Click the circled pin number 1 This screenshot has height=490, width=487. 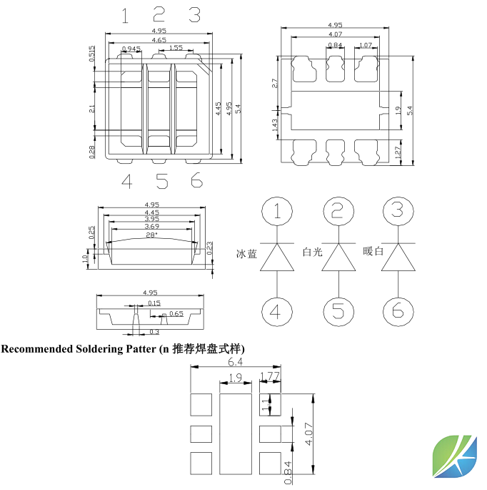click(277, 212)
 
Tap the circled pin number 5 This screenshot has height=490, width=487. click(338, 311)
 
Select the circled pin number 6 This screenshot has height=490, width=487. click(397, 311)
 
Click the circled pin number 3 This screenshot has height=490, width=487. click(397, 212)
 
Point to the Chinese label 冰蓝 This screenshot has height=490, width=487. click(247, 254)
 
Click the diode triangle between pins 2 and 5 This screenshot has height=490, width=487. click(338, 258)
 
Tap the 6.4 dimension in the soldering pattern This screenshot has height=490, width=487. click(254, 363)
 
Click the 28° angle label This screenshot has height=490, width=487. click(151, 235)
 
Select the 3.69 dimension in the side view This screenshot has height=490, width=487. click(151, 227)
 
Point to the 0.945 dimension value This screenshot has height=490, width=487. click(131, 49)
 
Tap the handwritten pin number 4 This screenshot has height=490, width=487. click(127, 182)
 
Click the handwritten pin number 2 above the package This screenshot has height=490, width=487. click(159, 15)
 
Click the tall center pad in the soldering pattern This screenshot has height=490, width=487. click(235, 433)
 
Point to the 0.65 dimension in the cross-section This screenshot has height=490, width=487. click(176, 314)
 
